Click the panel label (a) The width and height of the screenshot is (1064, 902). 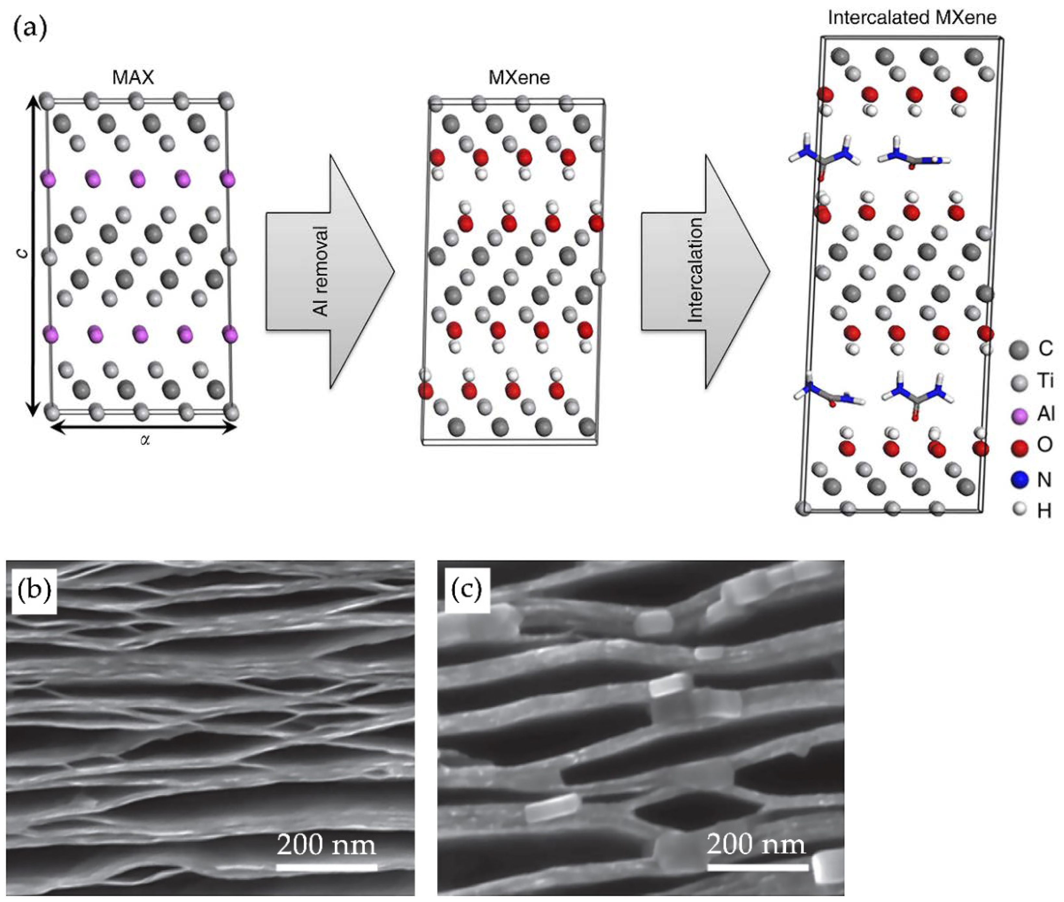pos(30,28)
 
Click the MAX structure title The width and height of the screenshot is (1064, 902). pos(133,78)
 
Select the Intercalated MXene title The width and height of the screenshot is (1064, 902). pos(912,18)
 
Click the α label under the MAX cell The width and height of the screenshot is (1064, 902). pos(145,440)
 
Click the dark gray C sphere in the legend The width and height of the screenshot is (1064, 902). pos(1019,350)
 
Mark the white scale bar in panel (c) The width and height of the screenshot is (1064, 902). pos(758,867)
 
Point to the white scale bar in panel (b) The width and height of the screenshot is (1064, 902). pos(326,867)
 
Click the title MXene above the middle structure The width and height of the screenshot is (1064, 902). pos(519,78)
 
